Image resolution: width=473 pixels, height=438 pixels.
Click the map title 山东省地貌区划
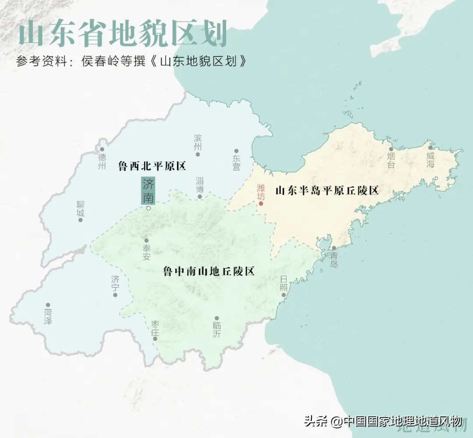coord(122,35)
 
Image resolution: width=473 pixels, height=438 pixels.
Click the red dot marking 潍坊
coord(261,204)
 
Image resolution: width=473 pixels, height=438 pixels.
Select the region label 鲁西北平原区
coord(152,166)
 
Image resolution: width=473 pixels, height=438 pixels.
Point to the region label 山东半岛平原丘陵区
coord(327,191)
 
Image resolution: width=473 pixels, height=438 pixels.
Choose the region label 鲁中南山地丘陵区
coord(209,271)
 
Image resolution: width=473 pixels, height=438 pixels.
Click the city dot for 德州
coord(102,149)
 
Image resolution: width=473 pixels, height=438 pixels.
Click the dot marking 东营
coord(236,151)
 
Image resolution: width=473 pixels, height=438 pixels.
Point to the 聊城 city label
coord(80,208)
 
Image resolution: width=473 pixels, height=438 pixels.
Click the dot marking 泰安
coord(146,240)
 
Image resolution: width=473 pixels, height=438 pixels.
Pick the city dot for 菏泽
coord(48,305)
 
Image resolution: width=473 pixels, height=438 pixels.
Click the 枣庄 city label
coord(155,327)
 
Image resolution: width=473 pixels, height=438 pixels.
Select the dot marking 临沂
coord(217,318)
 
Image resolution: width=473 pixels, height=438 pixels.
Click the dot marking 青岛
coord(334,248)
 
